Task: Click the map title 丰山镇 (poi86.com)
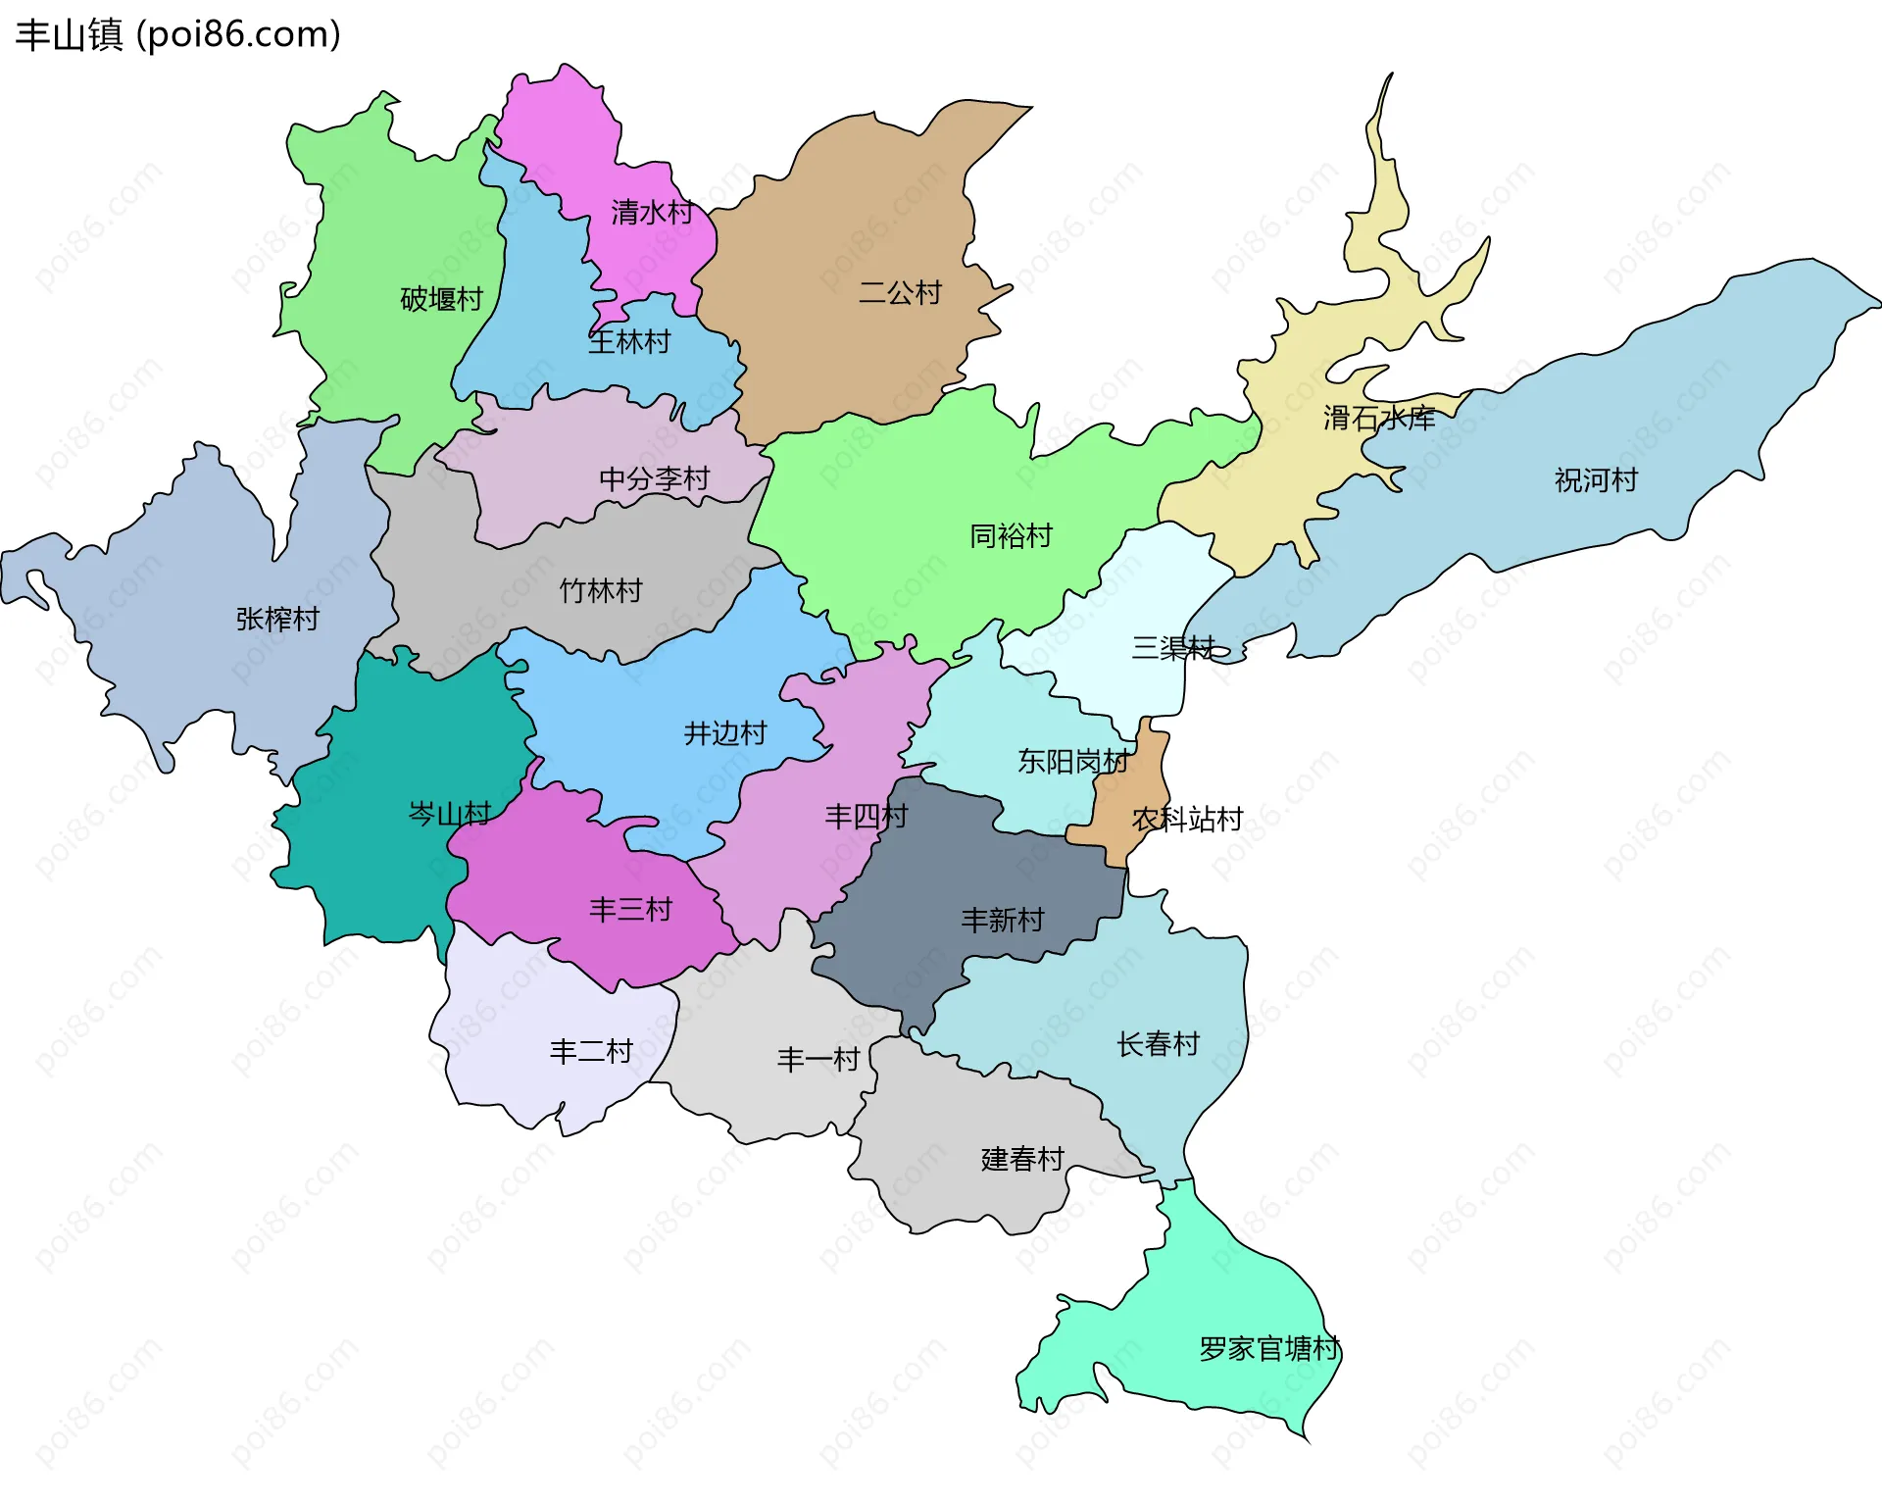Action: [x=178, y=35]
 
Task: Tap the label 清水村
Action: [x=652, y=213]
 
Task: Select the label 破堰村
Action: [x=441, y=299]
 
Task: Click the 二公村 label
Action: [x=899, y=292]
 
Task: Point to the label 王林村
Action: [x=629, y=342]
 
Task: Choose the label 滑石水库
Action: [x=1378, y=419]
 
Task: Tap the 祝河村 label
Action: [x=1595, y=480]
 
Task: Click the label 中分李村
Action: [x=654, y=479]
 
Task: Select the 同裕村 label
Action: [x=1010, y=536]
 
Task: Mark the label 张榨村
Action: [x=277, y=620]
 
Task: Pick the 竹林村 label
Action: [x=600, y=591]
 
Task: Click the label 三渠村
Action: [x=1172, y=648]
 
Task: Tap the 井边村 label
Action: [x=724, y=733]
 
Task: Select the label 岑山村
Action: [x=449, y=814]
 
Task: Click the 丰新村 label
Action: [x=1002, y=920]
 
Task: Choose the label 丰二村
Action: [x=590, y=1052]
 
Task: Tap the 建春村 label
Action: [x=1021, y=1160]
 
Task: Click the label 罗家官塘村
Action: [x=1268, y=1349]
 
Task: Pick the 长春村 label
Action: [x=1158, y=1044]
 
